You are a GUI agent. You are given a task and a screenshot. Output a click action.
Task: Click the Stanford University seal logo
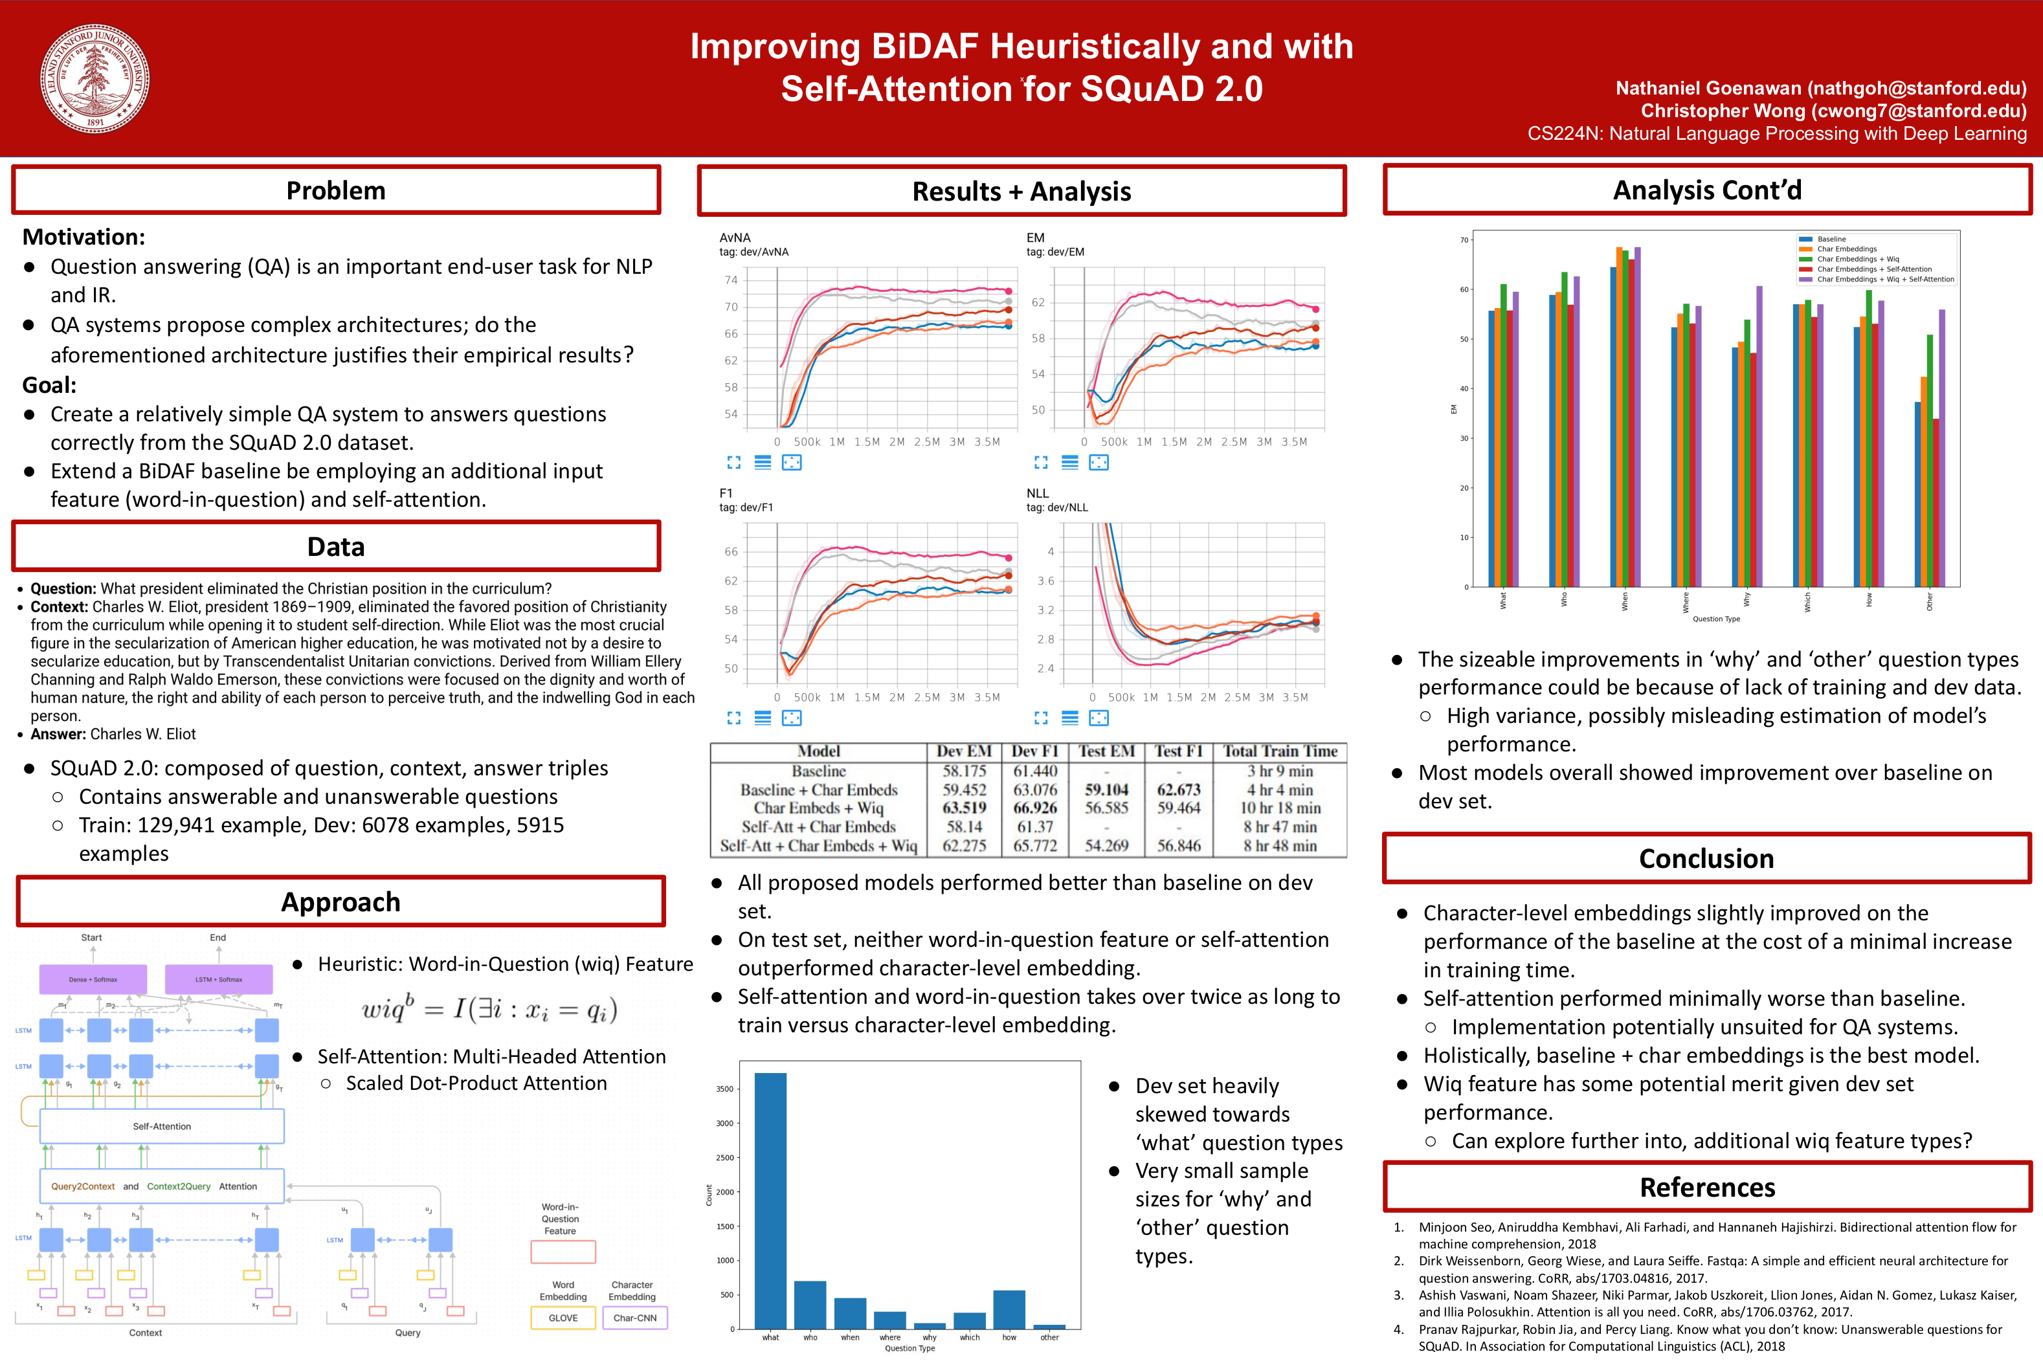(95, 78)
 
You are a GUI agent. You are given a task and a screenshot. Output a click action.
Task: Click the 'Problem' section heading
(335, 190)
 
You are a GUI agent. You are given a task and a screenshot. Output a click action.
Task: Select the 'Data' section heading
(335, 547)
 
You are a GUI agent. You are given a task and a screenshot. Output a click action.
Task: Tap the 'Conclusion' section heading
(1706, 859)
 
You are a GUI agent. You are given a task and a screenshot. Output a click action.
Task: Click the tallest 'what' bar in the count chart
(770, 1199)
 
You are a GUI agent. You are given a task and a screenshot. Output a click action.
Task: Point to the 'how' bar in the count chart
(1009, 1309)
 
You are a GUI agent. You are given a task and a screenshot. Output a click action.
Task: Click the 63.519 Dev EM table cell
(964, 808)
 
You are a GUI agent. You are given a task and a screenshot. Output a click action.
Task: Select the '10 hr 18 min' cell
(1280, 808)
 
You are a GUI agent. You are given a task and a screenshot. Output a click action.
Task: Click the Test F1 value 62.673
(1178, 790)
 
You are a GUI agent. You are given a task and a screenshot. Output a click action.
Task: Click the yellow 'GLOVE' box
(563, 1318)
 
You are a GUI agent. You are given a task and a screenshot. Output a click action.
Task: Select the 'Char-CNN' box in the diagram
(634, 1318)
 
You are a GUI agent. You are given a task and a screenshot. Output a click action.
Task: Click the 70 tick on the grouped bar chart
(1464, 240)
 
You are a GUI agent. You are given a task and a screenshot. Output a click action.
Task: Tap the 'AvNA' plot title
(735, 238)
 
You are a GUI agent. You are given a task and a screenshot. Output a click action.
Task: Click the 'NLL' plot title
(1037, 493)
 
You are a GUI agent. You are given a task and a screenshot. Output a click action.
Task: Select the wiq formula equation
(489, 1009)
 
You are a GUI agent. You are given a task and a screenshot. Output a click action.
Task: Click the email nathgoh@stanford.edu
(1917, 89)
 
